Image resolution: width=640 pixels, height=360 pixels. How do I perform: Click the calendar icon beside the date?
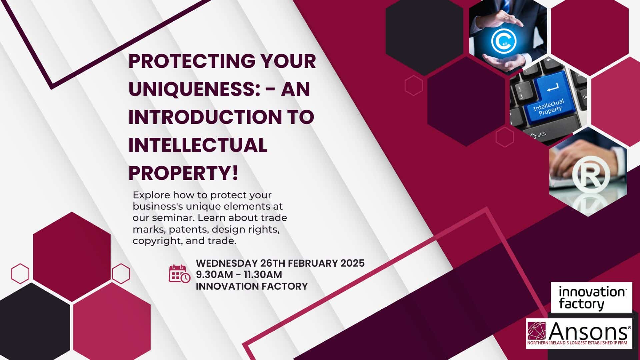point(179,274)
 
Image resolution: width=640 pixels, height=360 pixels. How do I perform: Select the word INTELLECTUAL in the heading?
point(198,145)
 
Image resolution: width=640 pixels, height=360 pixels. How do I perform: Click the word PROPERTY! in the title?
point(184,173)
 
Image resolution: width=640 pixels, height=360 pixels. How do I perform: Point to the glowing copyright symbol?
point(503,41)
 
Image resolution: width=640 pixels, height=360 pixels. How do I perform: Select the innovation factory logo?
point(591,297)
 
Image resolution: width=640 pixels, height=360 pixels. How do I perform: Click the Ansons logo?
point(579,333)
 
